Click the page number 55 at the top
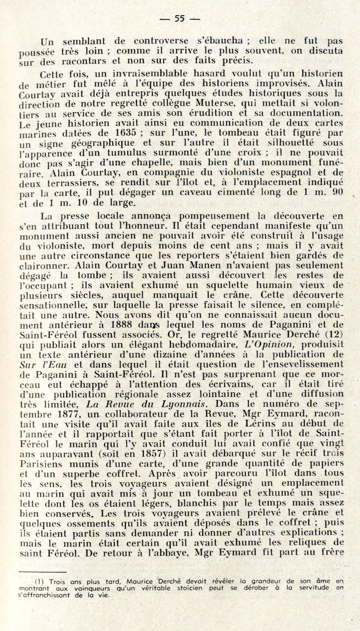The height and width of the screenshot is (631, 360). (x=180, y=19)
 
